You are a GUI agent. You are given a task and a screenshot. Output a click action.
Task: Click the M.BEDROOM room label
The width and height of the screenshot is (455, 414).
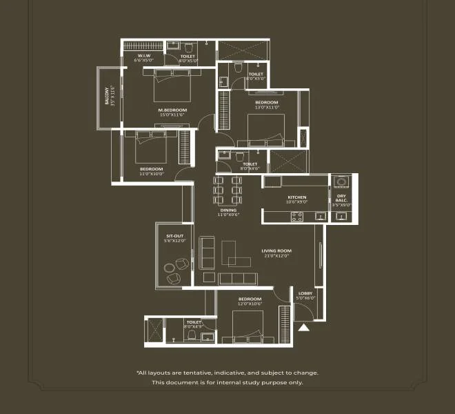point(172,110)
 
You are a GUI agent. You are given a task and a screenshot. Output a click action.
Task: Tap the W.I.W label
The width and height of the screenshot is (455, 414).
point(145,56)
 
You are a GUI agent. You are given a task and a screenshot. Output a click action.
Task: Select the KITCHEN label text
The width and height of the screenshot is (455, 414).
point(297,198)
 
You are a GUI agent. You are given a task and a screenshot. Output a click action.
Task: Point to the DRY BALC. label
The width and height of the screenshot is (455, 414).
point(341,199)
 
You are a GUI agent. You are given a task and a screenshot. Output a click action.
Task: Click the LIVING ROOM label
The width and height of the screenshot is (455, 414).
point(276,250)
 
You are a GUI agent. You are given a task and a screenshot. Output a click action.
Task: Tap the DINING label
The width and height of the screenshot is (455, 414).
point(228,210)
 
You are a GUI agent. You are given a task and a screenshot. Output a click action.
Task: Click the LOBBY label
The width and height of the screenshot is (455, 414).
point(305,293)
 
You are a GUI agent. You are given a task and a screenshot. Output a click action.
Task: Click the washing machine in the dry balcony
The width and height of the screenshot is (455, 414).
point(341,183)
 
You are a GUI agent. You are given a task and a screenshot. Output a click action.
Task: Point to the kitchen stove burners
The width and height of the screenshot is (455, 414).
point(298,216)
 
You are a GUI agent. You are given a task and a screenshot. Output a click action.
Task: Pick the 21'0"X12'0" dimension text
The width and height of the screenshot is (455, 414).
point(276,256)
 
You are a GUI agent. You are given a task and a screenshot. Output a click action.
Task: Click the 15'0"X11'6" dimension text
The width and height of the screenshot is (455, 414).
point(172,115)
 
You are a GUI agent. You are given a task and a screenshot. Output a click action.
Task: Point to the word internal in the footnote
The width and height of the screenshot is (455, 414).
point(232,382)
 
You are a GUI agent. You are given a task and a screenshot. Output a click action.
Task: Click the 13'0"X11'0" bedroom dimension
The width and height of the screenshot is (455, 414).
point(267,107)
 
